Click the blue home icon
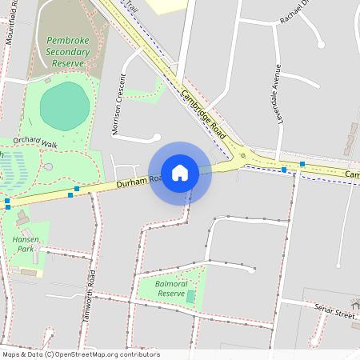(180, 172)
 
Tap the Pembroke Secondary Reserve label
(68, 51)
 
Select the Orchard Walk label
(35, 143)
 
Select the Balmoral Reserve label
(171, 289)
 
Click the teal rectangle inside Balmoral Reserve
(190, 296)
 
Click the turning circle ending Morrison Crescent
(156, 138)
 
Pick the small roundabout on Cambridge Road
(242, 157)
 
